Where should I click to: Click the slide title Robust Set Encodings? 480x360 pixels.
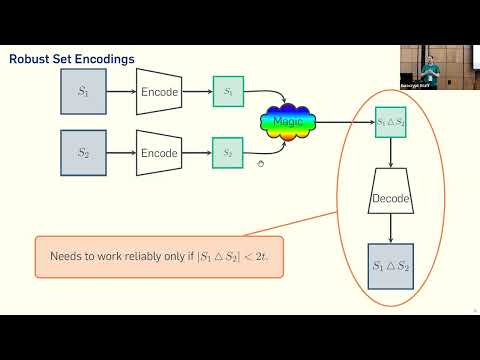tap(72, 59)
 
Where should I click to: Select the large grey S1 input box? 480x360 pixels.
tap(83, 92)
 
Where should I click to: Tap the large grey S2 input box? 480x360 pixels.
tap(83, 153)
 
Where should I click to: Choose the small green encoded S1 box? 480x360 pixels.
tap(228, 92)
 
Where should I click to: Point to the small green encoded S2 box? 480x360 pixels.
tap(228, 153)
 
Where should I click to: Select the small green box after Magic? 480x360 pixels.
tap(390, 122)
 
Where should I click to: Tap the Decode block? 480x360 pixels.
tap(391, 198)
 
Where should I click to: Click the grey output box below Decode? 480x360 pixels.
tap(391, 267)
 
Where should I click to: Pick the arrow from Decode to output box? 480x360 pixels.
tap(391, 229)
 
